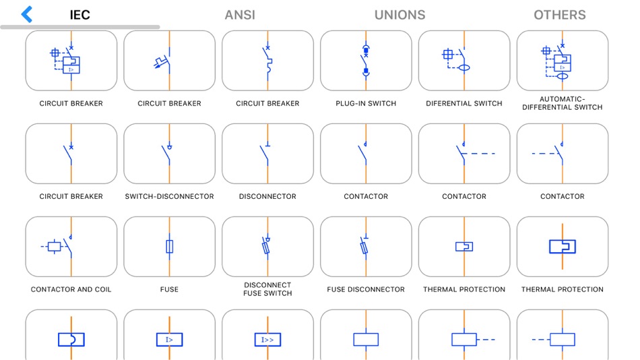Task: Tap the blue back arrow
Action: click(x=27, y=14)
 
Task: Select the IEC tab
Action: click(x=80, y=15)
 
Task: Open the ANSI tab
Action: click(x=240, y=15)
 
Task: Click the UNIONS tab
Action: click(x=399, y=15)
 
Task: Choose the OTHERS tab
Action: click(x=559, y=15)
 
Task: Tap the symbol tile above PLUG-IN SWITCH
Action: click(x=366, y=61)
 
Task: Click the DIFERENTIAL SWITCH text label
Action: click(x=464, y=104)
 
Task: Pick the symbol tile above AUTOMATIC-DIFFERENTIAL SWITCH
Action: click(x=563, y=61)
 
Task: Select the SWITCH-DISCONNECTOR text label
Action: click(x=169, y=197)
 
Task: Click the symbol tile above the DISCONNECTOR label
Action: click(x=267, y=154)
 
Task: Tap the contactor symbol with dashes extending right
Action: click(x=464, y=154)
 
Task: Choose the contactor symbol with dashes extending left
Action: click(x=563, y=154)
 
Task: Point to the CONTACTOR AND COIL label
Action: click(x=71, y=290)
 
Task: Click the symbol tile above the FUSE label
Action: click(x=169, y=247)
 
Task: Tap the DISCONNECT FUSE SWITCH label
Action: click(x=267, y=289)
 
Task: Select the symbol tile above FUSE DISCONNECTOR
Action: click(x=366, y=247)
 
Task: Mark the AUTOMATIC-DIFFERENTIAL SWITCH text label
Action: click(x=563, y=103)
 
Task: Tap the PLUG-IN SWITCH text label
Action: click(x=366, y=104)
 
